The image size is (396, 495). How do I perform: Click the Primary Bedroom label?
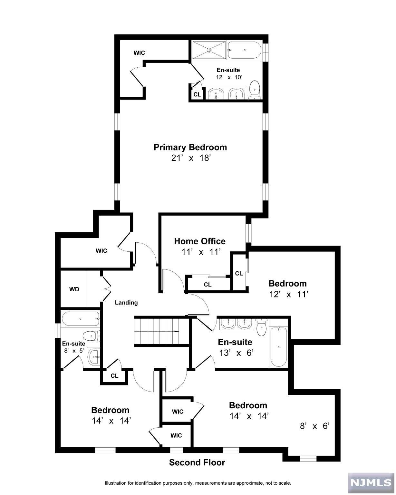point(190,147)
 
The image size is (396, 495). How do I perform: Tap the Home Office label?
point(199,241)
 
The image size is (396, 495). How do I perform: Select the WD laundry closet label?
point(74,289)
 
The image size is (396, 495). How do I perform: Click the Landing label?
point(126,303)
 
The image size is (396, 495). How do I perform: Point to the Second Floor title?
point(197,462)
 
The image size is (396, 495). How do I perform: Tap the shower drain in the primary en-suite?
point(209,50)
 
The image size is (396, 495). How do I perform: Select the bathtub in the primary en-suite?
point(244,50)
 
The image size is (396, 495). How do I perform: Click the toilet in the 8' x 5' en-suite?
point(91,336)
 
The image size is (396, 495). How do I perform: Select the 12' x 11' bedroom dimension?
point(289,294)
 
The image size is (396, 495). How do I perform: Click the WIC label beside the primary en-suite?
point(139,53)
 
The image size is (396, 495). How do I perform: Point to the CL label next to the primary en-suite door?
point(197,95)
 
